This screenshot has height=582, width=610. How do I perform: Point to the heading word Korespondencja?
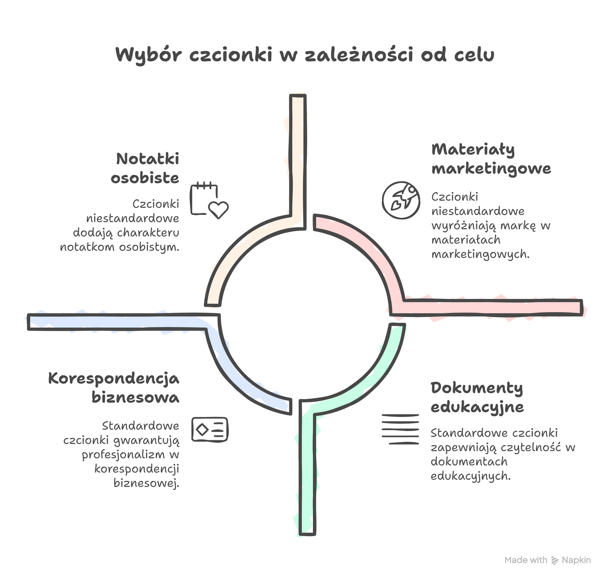tap(114, 379)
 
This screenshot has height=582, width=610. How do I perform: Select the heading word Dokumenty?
tap(477, 388)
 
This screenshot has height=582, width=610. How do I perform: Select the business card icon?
tap(210, 429)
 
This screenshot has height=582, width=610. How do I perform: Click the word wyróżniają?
tap(464, 226)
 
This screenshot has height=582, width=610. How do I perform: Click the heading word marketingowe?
tap(491, 169)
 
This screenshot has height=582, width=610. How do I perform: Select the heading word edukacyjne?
tap(477, 407)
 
